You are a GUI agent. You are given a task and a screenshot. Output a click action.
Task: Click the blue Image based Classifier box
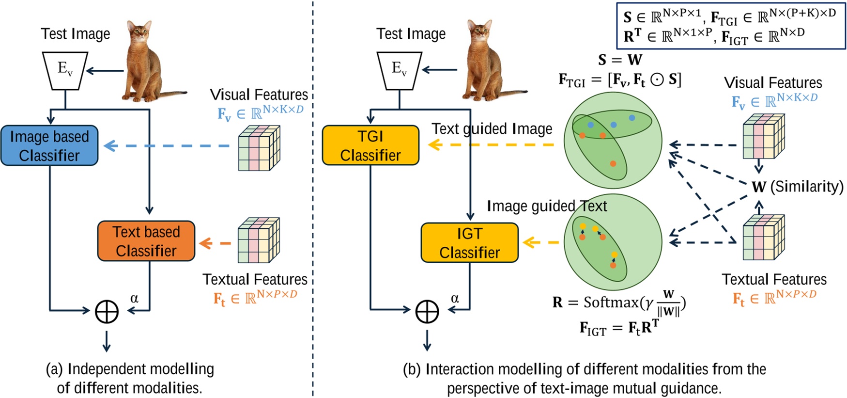tap(49, 145)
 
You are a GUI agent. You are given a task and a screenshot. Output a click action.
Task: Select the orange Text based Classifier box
tap(146, 241)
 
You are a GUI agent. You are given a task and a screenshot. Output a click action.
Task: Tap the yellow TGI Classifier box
tap(370, 145)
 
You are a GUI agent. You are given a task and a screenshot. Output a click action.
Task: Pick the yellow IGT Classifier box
tap(469, 242)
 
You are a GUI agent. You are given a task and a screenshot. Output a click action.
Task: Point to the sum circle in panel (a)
tap(107, 311)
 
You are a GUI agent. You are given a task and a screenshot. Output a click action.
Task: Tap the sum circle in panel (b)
tap(427, 311)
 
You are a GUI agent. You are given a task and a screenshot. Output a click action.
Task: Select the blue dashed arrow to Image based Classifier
tap(167, 145)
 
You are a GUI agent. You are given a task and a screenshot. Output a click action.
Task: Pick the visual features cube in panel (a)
tap(259, 148)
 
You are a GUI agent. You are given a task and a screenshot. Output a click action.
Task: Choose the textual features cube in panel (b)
tap(763, 238)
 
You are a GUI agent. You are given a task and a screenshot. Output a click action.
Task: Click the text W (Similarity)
tap(797, 187)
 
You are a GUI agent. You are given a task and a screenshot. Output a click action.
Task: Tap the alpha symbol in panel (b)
tap(454, 299)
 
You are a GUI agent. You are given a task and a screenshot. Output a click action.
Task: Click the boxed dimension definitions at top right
tap(730, 25)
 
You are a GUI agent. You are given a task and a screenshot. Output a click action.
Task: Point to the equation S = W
tap(620, 60)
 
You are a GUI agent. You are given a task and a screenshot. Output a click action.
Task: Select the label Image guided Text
tap(546, 206)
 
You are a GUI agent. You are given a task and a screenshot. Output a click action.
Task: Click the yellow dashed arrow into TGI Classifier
tap(492, 144)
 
